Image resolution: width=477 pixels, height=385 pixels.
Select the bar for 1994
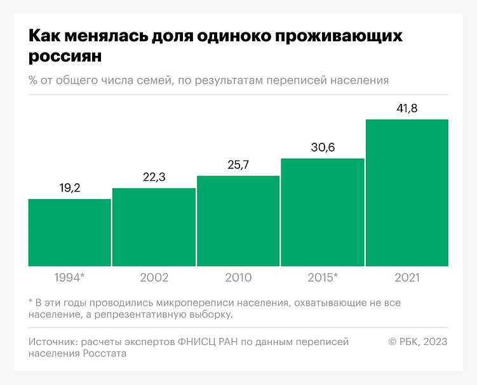tap(69, 232)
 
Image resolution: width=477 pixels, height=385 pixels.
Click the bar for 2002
tap(154, 227)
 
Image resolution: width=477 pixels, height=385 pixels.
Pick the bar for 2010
tap(238, 221)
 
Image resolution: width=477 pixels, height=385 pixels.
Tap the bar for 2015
tap(323, 212)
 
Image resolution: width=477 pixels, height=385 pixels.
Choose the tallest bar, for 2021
tap(407, 192)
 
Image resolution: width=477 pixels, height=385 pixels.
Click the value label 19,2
tap(69, 188)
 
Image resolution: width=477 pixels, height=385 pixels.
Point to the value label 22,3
tap(154, 177)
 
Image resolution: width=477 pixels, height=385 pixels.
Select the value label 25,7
tap(238, 165)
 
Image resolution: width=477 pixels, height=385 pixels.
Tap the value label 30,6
tap(323, 148)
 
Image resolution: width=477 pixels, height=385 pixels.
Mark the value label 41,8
tap(407, 108)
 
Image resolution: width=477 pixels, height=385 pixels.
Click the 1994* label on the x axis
tap(69, 278)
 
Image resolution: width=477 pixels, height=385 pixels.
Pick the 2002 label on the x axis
tap(154, 278)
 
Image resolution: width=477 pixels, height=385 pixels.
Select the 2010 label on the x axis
tap(238, 278)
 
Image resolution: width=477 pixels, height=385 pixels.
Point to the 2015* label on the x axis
tap(323, 278)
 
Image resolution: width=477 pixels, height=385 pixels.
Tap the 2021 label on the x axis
tap(407, 278)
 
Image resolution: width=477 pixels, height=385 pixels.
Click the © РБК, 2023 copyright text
tap(417, 342)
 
